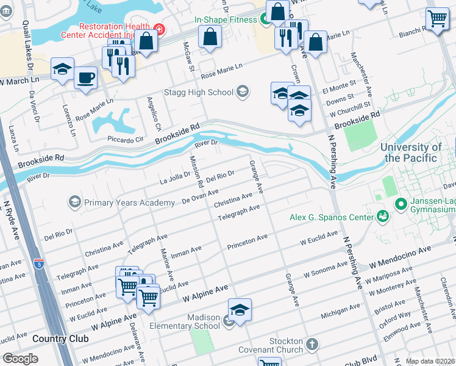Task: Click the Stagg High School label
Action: (x=199, y=92)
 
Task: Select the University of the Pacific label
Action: (x=411, y=152)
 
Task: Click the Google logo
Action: (x=21, y=359)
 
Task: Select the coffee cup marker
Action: (x=85, y=78)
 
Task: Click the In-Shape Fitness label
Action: (x=226, y=20)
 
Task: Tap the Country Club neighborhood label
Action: (x=60, y=339)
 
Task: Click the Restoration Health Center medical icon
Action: (x=159, y=28)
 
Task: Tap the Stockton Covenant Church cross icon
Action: (x=312, y=345)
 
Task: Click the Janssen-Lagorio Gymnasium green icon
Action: (x=401, y=204)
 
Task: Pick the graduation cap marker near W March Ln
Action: (x=62, y=69)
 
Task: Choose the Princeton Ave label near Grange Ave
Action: (x=247, y=242)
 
